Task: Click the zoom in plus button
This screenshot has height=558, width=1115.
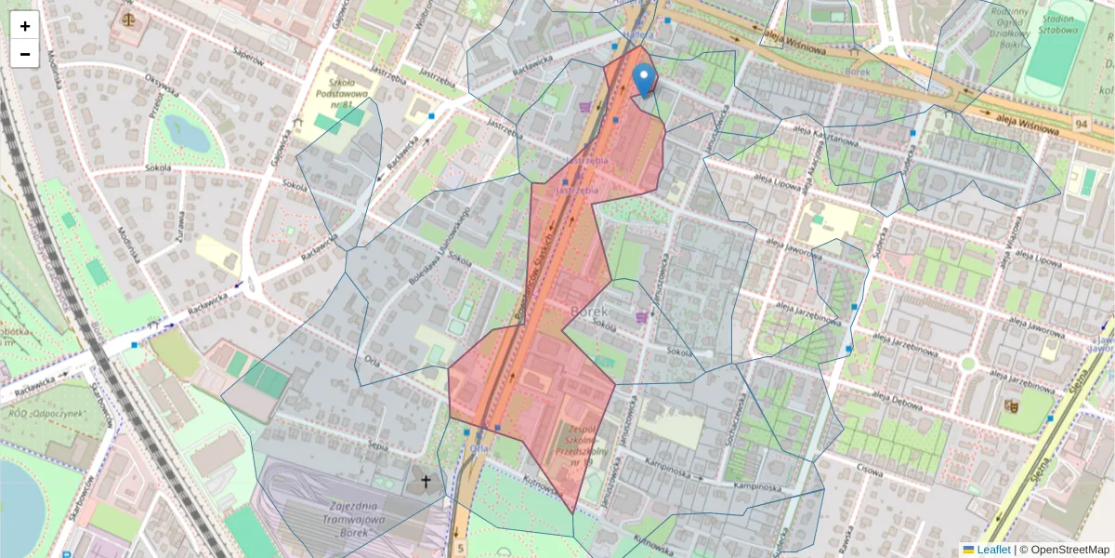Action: [x=25, y=26]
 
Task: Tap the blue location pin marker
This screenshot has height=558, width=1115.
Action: [x=643, y=79]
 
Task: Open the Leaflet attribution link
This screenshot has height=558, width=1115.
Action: [x=993, y=550]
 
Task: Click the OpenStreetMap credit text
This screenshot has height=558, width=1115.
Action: [x=1069, y=550]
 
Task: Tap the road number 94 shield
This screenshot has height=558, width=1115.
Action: [x=1080, y=124]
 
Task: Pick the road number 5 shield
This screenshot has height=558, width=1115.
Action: [x=460, y=549]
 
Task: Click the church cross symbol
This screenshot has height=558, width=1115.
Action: [x=426, y=481]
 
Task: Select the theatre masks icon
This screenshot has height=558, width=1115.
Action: [x=1010, y=405]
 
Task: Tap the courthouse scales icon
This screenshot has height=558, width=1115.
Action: [x=125, y=17]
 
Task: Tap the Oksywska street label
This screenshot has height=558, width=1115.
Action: [x=162, y=88]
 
